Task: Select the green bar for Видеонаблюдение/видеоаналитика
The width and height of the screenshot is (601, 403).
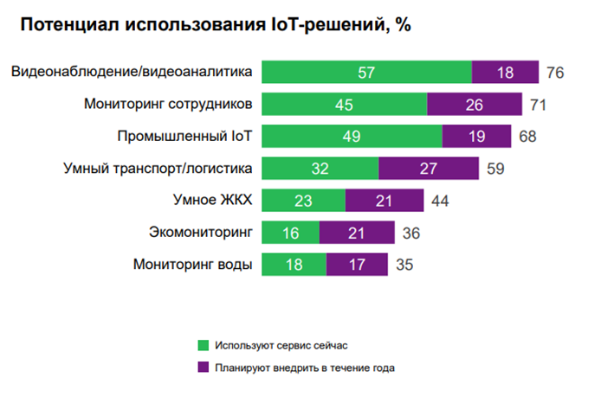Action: [x=366, y=72]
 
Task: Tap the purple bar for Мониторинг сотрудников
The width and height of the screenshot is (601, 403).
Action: [x=475, y=105]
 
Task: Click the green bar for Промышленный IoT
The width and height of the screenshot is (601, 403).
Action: [x=352, y=137]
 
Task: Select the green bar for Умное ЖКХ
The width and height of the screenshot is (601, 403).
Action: [x=303, y=201]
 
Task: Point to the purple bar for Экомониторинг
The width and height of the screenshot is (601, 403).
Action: [x=357, y=233]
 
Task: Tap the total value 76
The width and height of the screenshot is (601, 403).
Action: [x=555, y=73]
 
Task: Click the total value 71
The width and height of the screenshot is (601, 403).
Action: [x=538, y=105]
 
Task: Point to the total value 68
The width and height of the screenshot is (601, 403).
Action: [x=527, y=137]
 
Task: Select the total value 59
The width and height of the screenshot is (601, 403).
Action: [x=495, y=169]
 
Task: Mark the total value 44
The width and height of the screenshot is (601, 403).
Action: [x=439, y=201]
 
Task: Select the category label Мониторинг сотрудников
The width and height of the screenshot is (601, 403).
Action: [x=168, y=105]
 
